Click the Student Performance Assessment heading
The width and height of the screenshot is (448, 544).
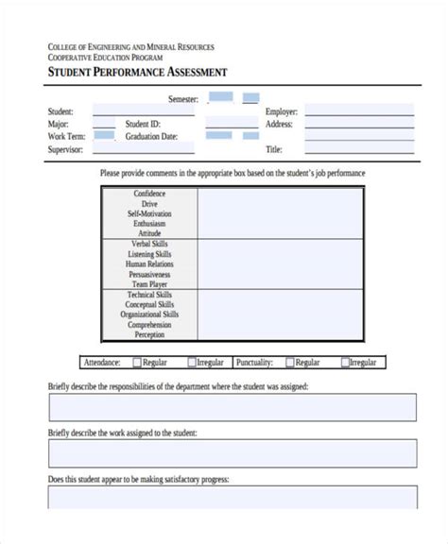click(x=137, y=74)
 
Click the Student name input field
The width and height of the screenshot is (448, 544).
click(x=142, y=111)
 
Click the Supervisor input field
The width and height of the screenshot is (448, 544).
click(x=142, y=148)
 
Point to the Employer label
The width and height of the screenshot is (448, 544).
click(x=282, y=111)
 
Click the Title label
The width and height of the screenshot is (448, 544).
click(x=274, y=149)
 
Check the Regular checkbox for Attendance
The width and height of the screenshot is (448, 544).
click(x=137, y=362)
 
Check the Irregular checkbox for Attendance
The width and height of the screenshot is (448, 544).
click(x=192, y=362)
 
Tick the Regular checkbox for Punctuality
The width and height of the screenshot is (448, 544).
click(x=289, y=362)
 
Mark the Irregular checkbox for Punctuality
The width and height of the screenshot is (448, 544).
click(x=345, y=362)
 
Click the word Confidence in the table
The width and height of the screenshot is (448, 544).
click(x=149, y=194)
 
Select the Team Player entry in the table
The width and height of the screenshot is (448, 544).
click(x=149, y=283)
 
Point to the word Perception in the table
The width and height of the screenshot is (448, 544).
click(x=149, y=334)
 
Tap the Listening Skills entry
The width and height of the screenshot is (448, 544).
click(x=149, y=254)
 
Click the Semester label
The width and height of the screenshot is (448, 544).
click(x=184, y=98)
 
